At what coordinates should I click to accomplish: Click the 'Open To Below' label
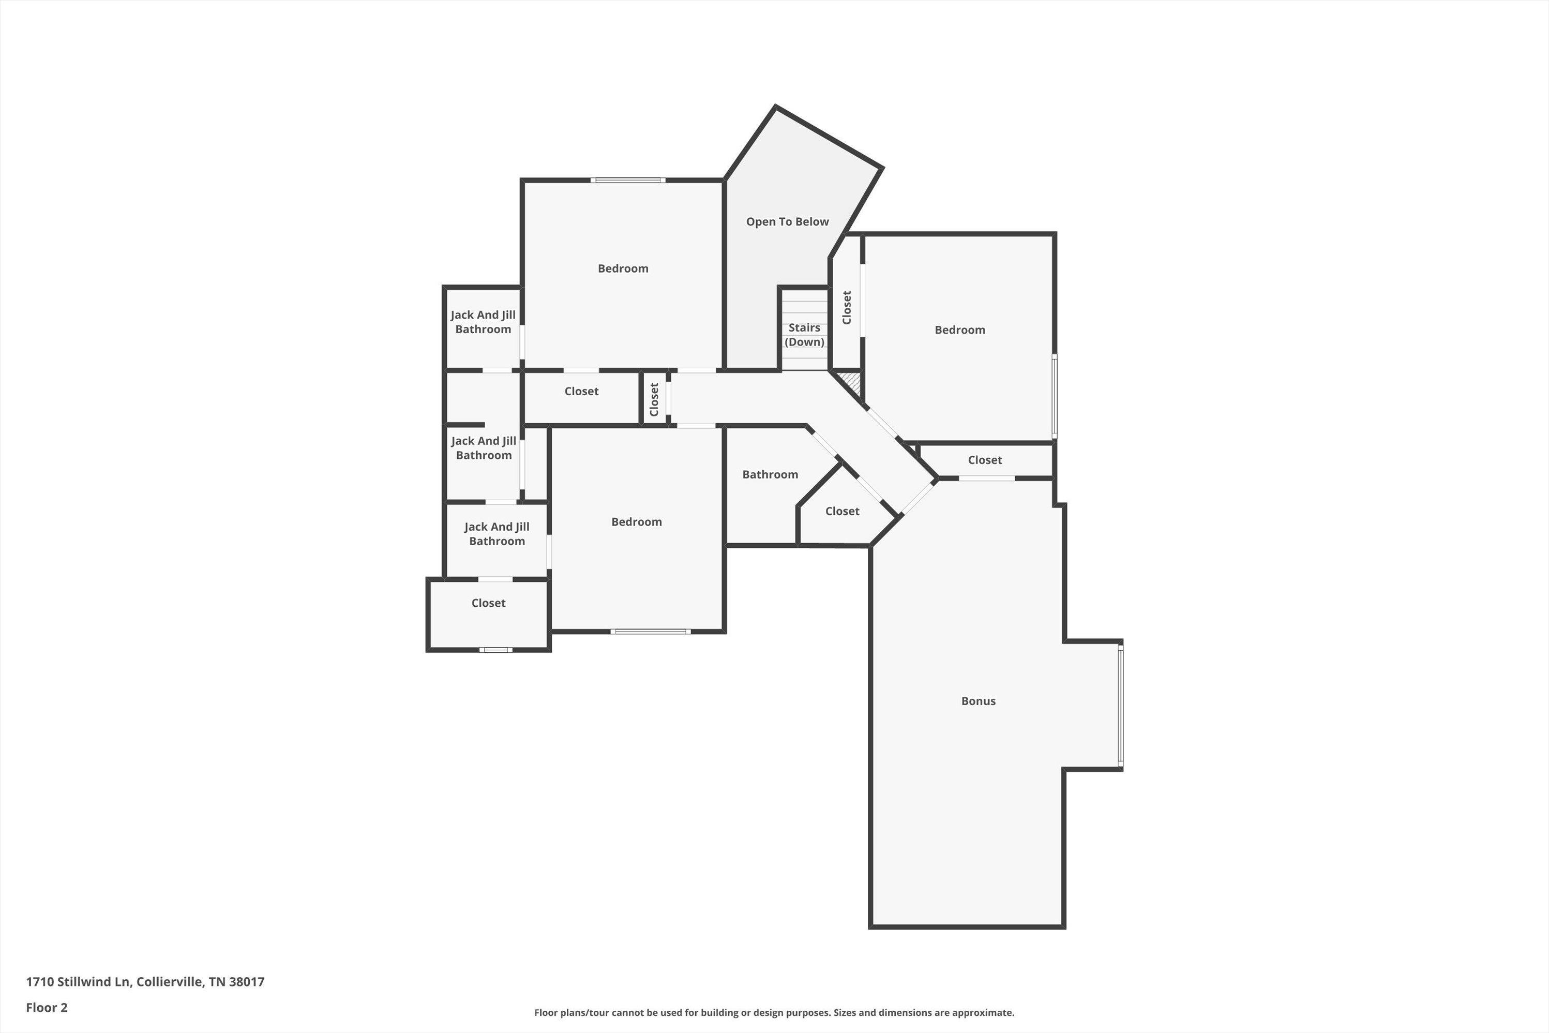(787, 222)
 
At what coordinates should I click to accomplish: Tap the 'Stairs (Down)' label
(804, 335)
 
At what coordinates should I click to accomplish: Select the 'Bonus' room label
(978, 701)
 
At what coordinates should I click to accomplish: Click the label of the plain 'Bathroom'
(770, 474)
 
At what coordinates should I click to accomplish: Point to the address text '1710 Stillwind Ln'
(78, 982)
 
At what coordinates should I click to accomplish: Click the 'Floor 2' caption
(47, 1007)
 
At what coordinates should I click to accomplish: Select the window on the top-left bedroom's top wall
(628, 180)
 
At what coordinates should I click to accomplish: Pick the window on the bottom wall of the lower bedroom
(650, 632)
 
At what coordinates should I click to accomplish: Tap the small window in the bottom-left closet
(495, 650)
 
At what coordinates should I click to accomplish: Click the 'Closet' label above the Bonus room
(985, 460)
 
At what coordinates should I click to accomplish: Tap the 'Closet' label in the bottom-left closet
(488, 603)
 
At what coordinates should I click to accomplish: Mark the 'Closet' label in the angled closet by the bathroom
(843, 511)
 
